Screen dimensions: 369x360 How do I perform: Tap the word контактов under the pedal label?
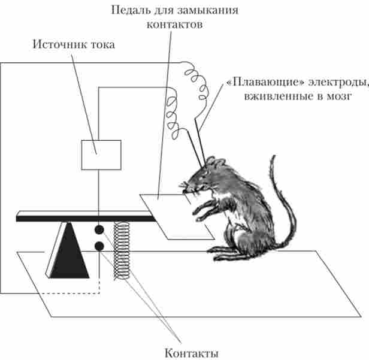point(174,24)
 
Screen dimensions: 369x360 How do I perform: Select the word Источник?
point(60,44)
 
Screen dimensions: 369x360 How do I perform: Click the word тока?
point(103,45)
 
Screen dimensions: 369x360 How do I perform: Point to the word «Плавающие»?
point(265,82)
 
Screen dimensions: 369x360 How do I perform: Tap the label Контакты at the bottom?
point(191,353)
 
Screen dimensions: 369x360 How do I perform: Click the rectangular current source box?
point(101,155)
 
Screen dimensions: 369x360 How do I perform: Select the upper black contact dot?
point(99,229)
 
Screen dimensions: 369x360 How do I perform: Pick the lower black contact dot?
point(99,246)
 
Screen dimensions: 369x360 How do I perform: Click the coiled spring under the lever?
point(122,250)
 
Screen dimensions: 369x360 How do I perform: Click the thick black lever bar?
point(86,219)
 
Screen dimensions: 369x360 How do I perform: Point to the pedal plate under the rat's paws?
point(177,217)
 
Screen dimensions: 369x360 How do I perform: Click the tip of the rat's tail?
point(274,156)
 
